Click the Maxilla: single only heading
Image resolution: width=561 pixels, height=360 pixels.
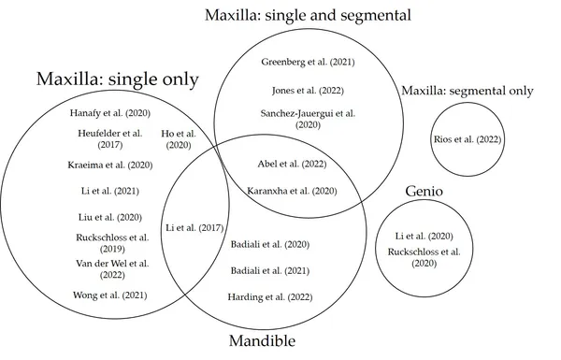click(118, 79)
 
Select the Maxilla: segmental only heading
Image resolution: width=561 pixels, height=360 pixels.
click(467, 91)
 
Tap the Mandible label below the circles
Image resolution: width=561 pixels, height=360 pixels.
click(262, 340)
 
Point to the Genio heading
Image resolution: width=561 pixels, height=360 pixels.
click(424, 191)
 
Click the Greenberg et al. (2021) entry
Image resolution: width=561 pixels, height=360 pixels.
click(308, 62)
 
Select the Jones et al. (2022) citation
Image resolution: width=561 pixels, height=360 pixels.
click(308, 91)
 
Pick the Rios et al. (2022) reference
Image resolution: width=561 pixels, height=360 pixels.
click(467, 139)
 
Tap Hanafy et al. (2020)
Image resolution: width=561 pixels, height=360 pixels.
click(110, 113)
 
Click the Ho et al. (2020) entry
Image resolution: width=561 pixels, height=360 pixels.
click(179, 139)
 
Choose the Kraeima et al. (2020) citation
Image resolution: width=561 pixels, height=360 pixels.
click(110, 165)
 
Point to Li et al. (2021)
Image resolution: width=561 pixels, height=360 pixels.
click(110, 191)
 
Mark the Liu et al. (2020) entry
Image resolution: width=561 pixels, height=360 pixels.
click(110, 217)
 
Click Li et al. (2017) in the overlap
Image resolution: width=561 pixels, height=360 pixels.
click(194, 228)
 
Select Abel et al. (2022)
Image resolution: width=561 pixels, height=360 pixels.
click(292, 164)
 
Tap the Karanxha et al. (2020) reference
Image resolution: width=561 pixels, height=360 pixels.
click(292, 191)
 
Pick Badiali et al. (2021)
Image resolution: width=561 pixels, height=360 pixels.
click(270, 271)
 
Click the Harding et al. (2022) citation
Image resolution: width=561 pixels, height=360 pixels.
click(270, 297)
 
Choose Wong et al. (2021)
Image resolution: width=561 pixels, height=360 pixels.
click(110, 295)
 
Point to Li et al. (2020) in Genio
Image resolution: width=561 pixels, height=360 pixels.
click(424, 237)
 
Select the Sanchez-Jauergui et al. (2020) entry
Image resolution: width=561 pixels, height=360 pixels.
click(308, 119)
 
